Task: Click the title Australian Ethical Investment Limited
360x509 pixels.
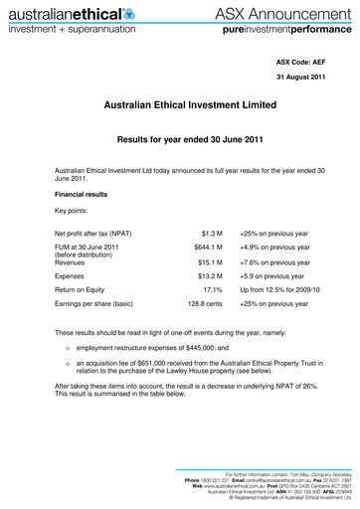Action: (179, 104)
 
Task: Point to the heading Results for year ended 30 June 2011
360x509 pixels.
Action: (179, 142)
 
